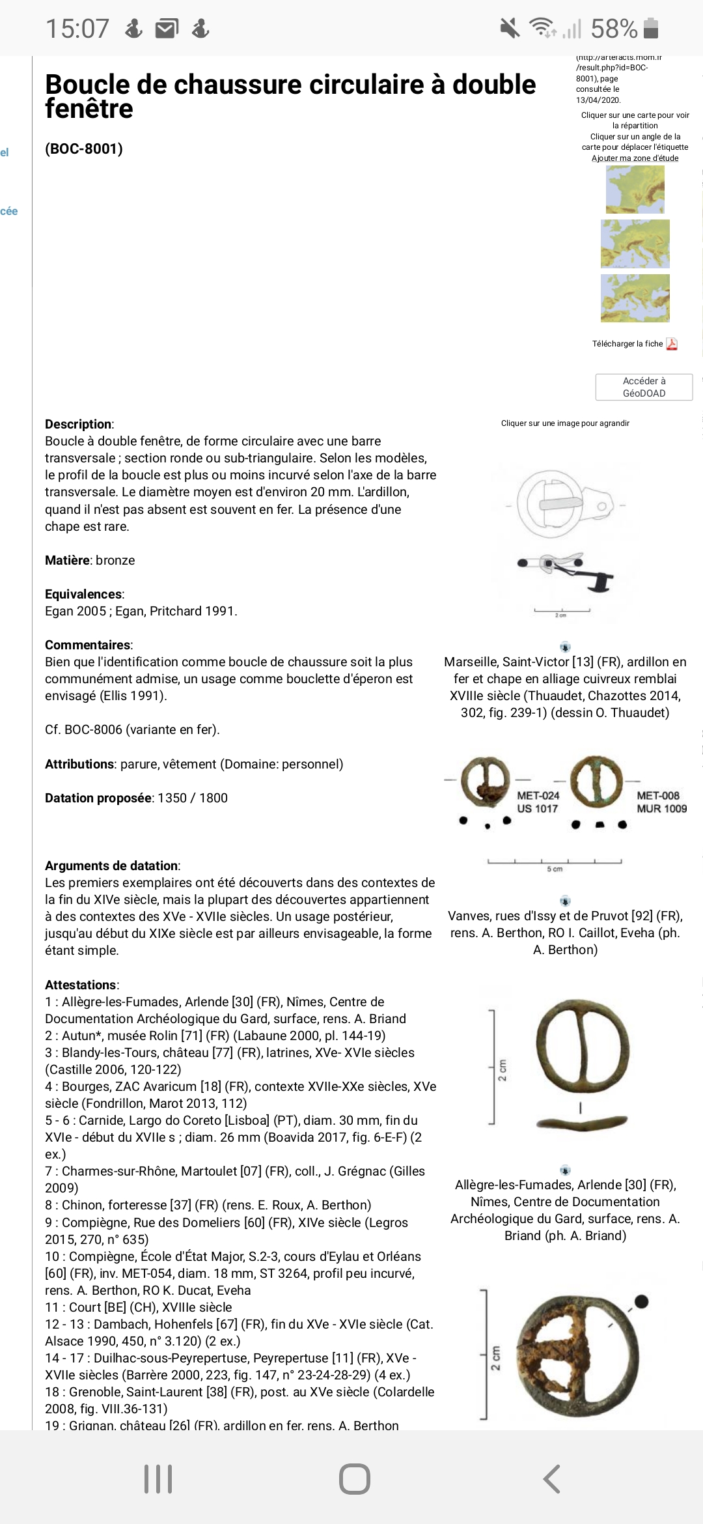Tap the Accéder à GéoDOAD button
[644, 387]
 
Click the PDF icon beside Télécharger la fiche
[672, 344]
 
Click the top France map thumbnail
[635, 190]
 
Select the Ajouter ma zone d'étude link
[635, 158]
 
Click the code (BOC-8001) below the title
[84, 149]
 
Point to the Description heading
[79, 424]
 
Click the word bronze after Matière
[115, 560]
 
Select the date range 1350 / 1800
[193, 798]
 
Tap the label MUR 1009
[661, 809]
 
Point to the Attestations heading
[81, 985]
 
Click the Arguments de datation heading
[112, 866]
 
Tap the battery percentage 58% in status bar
[614, 29]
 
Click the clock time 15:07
[77, 29]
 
